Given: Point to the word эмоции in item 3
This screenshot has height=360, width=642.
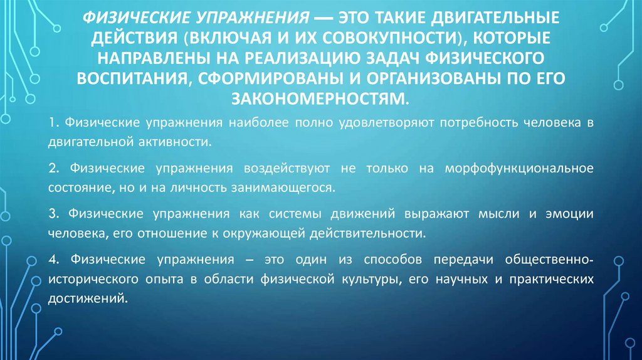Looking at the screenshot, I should click(x=569, y=214).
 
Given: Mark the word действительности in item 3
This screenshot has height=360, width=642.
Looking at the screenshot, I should click(x=369, y=232).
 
